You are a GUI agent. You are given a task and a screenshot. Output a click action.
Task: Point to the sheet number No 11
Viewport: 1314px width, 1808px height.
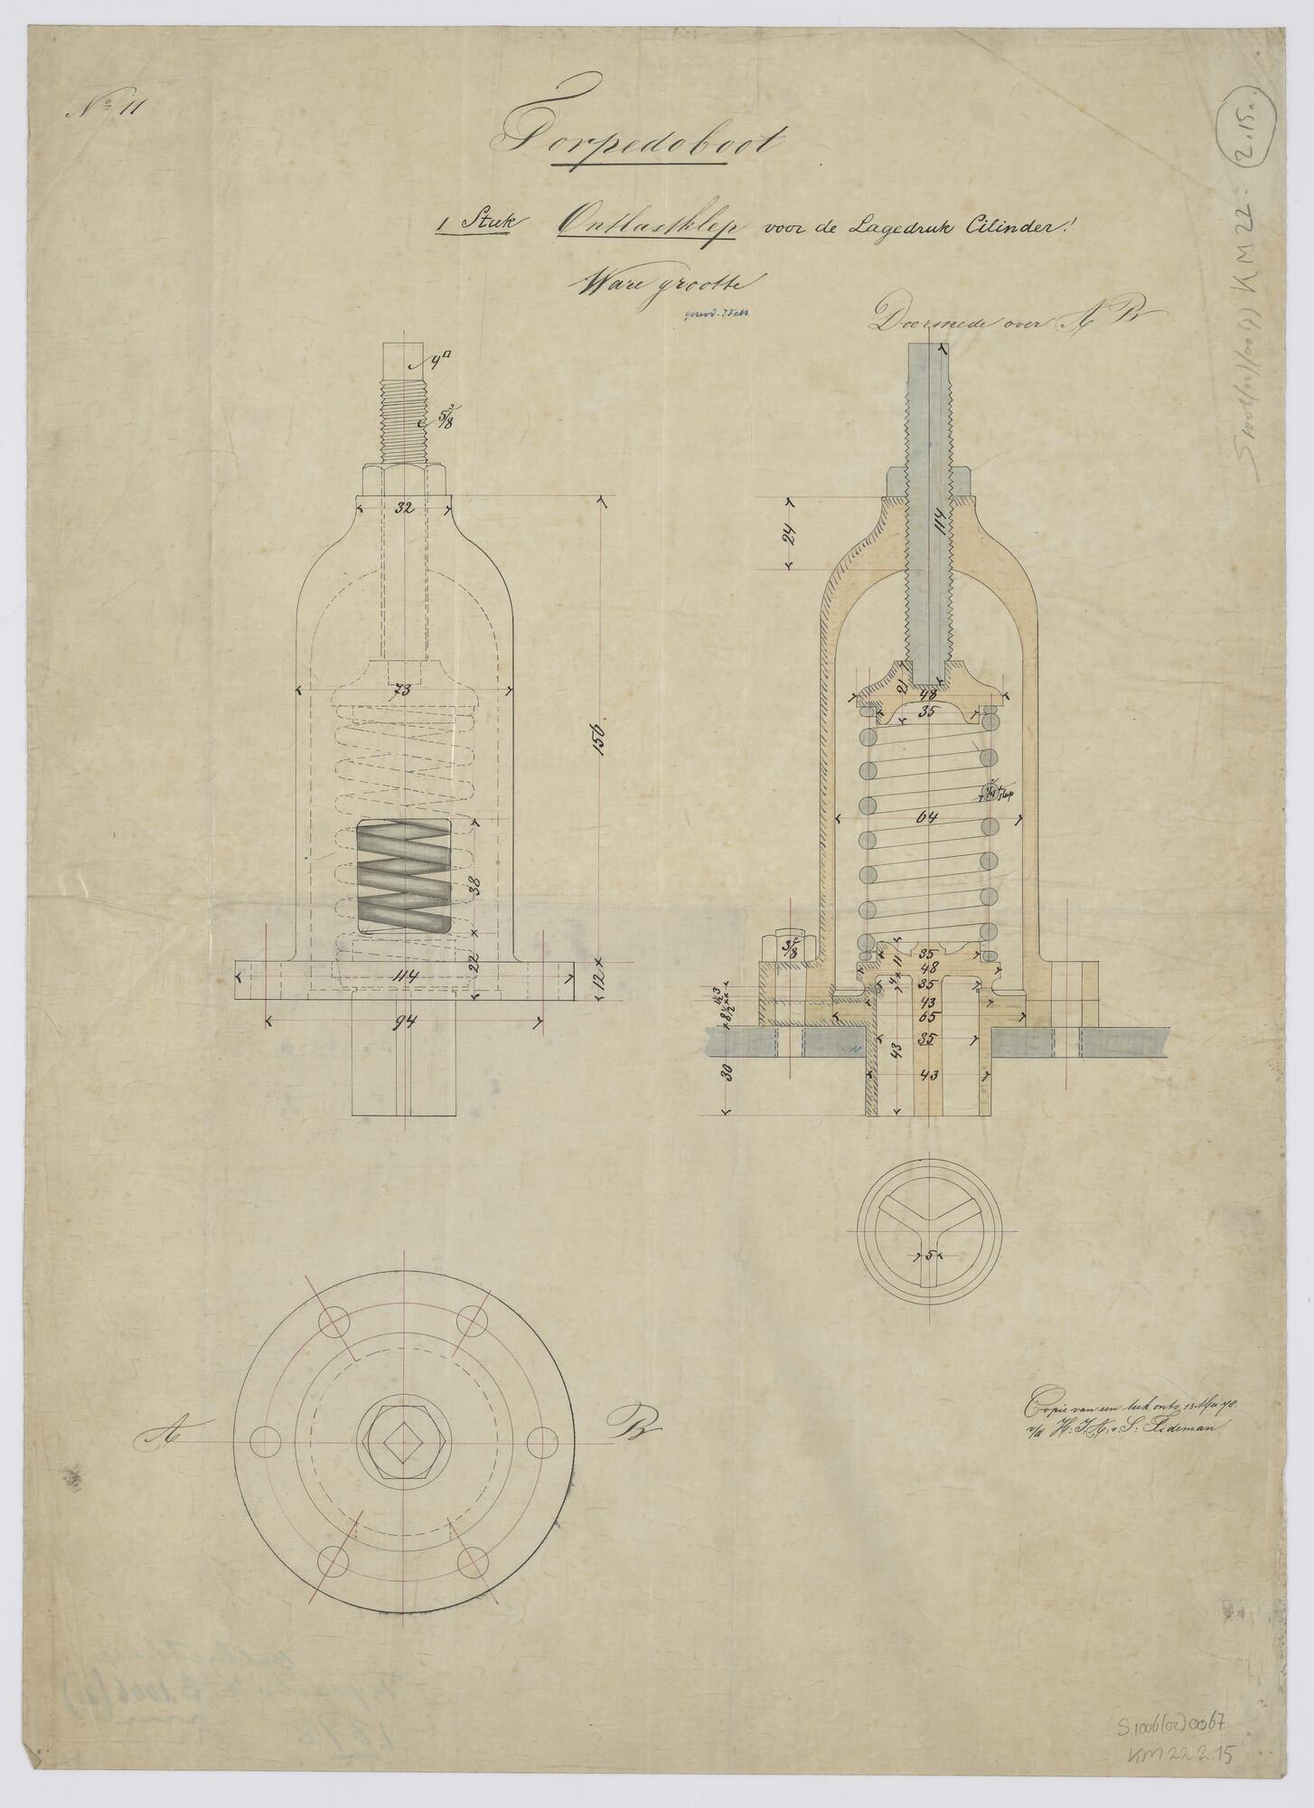click(x=103, y=111)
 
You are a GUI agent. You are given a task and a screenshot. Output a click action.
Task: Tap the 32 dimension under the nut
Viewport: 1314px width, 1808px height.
click(x=404, y=509)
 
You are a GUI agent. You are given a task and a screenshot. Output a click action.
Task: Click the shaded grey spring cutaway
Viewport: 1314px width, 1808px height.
click(x=404, y=877)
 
